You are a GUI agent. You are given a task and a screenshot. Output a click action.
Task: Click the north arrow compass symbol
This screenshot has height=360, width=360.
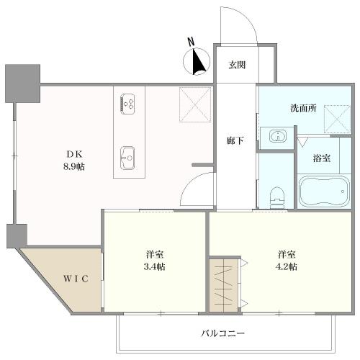pyautogui.click(x=197, y=63)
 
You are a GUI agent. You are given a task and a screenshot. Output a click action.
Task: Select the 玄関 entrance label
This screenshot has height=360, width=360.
pyautogui.click(x=237, y=65)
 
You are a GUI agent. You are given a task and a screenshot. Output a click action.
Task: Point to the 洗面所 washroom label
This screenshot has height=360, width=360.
pyautogui.click(x=303, y=109)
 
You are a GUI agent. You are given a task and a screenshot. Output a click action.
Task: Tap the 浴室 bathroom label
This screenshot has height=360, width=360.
pyautogui.click(x=321, y=158)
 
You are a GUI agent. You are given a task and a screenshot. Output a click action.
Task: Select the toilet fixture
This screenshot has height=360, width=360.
pyautogui.click(x=276, y=194)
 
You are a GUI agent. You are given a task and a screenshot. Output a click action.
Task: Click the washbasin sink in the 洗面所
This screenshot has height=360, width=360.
pyautogui.click(x=277, y=135)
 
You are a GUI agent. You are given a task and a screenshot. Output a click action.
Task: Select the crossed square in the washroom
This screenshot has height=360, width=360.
pyautogui.click(x=336, y=117)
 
